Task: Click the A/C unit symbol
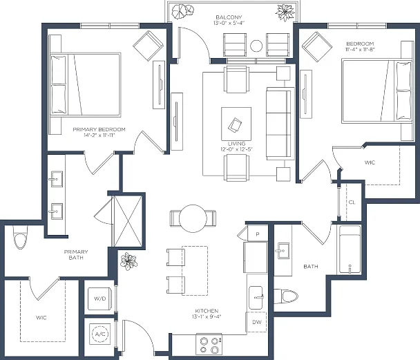pos(100,334)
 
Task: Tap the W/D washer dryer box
pos(99,299)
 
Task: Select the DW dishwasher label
pos(257,322)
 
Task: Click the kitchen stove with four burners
pos(209,345)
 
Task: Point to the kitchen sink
pos(256,298)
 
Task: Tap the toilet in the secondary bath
pos(286,296)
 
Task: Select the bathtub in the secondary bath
pos(350,249)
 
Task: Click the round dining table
pos(193,218)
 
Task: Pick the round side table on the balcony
pos(256,46)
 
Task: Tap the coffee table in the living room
pos(236,124)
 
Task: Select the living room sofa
pos(280,124)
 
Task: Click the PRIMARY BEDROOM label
pos(99,129)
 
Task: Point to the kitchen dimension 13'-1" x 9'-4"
pos(207,316)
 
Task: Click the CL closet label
pos(352,202)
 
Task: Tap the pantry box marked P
pos(258,234)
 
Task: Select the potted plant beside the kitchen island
pos(128,261)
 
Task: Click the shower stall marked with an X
pos(128,221)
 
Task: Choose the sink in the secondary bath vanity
pos(283,251)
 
